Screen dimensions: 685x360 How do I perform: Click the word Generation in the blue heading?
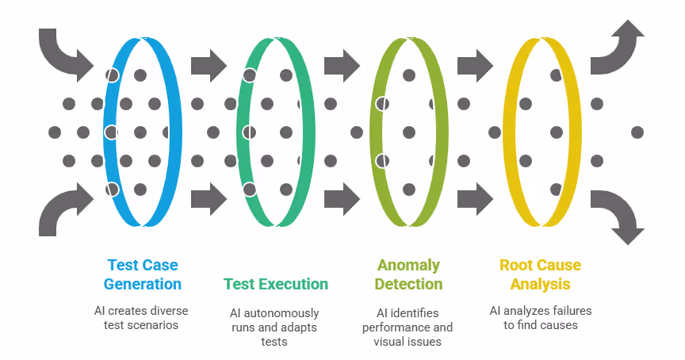tap(143, 284)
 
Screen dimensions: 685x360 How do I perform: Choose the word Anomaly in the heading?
tap(408, 265)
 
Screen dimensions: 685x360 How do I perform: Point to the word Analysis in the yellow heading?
tap(541, 285)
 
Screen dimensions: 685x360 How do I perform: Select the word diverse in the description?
tap(166, 311)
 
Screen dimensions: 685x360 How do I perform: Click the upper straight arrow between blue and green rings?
tap(209, 66)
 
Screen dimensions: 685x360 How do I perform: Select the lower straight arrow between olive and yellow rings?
tap(476, 199)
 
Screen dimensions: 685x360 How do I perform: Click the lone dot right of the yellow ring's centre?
tap(637, 132)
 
